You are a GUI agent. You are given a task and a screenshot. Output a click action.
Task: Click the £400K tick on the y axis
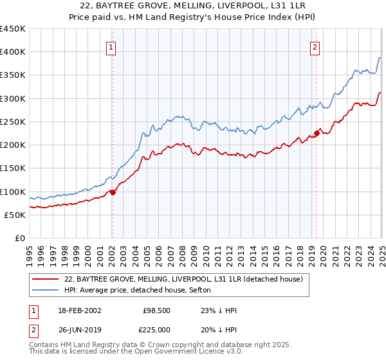click(13, 52)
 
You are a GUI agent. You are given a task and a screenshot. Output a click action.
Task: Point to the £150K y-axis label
click(13, 168)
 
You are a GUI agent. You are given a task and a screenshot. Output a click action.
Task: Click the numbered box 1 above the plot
click(111, 47)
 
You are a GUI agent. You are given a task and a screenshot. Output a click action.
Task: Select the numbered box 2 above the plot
click(315, 47)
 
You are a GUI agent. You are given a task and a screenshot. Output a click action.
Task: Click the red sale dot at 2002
click(112, 192)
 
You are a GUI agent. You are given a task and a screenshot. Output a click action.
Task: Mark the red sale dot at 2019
click(317, 134)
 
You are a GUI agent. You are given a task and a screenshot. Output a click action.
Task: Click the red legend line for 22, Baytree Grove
click(46, 279)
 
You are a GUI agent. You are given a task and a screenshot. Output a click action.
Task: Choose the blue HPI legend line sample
click(46, 290)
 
